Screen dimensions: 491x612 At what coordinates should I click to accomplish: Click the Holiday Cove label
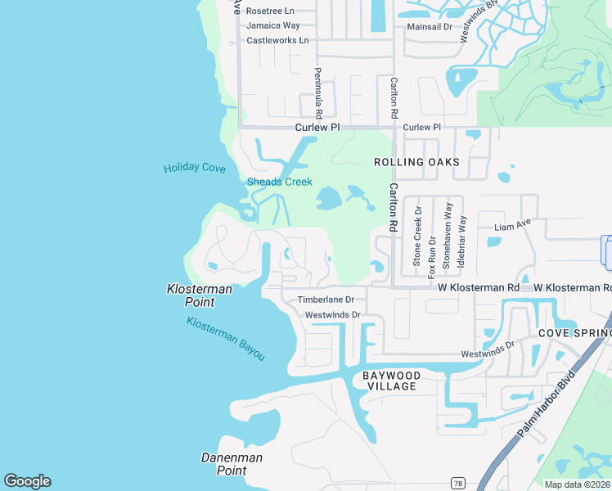tap(194, 168)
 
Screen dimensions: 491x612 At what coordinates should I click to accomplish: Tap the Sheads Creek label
tap(279, 182)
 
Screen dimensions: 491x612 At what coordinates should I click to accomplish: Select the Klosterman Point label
tap(200, 295)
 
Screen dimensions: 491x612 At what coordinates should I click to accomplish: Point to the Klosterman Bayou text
tap(226, 338)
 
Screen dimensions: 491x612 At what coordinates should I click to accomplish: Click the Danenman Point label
tap(232, 464)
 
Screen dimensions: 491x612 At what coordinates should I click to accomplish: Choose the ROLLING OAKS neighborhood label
tap(416, 162)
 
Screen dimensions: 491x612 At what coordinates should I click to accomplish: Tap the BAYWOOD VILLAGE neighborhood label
tap(391, 381)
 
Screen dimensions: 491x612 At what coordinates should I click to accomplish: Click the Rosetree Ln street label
tap(269, 11)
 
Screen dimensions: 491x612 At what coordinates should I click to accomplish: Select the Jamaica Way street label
tap(272, 25)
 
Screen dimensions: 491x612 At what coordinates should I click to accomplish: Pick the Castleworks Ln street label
tap(277, 40)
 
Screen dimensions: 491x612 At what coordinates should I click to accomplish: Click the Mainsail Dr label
tap(430, 27)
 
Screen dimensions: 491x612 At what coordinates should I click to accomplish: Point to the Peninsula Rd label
tap(318, 92)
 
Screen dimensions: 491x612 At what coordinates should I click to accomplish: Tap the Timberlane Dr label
tap(325, 300)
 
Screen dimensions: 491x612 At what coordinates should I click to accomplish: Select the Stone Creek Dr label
tap(417, 236)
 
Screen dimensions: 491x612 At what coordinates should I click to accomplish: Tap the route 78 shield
tap(457, 483)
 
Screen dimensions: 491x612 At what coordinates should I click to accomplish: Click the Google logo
tap(27, 481)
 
